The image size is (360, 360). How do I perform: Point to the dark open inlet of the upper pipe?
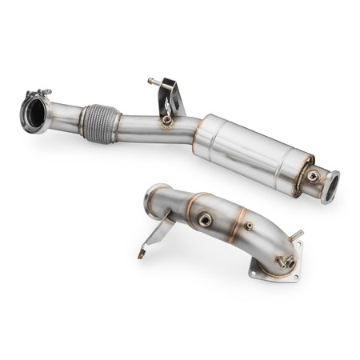[34, 115]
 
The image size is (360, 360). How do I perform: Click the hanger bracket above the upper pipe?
[170, 96]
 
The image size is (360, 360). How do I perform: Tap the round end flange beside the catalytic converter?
[330, 186]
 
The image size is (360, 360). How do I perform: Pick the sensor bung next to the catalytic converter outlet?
[312, 176]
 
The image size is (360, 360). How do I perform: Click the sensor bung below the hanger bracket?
[166, 121]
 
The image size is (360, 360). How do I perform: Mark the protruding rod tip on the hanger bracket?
[150, 80]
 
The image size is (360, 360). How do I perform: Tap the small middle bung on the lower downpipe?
[249, 226]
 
